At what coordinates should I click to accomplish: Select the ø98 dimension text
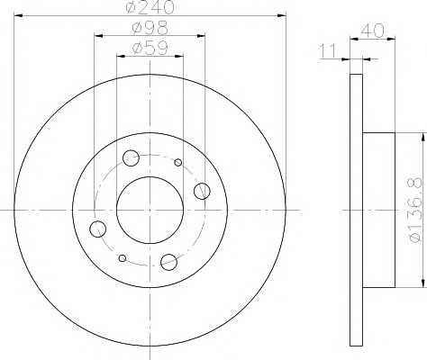pos(150,28)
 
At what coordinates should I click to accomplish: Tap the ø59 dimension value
pos(150,48)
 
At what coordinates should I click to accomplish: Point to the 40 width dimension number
pos(372,31)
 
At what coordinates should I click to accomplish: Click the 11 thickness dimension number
pos(328,51)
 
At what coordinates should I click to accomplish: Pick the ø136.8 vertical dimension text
pos(416,210)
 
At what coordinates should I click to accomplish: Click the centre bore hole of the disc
pos(150,210)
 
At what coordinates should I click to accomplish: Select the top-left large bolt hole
pos(131,158)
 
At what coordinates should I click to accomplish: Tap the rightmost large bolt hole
pos(202,191)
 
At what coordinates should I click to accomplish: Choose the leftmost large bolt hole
pos(97,229)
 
